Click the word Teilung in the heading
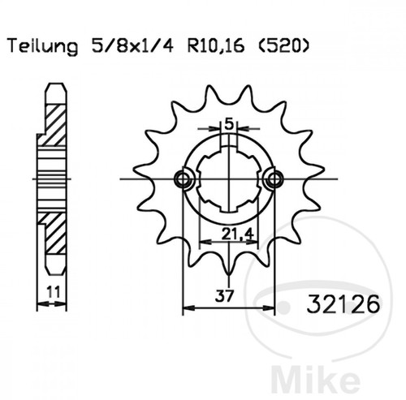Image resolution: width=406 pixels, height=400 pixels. [43, 46]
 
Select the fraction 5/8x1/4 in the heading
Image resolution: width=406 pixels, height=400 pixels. [132, 45]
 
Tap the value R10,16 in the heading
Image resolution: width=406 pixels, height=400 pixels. [216, 45]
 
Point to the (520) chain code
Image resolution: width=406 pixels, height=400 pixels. [282, 45]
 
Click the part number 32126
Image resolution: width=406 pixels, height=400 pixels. [343, 303]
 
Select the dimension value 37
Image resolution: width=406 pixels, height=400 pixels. [224, 295]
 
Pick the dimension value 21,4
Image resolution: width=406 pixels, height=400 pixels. [237, 234]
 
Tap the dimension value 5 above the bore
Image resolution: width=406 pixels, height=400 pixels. [229, 124]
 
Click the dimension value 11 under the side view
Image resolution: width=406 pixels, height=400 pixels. [54, 292]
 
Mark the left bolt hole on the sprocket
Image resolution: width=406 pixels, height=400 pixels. [184, 178]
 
